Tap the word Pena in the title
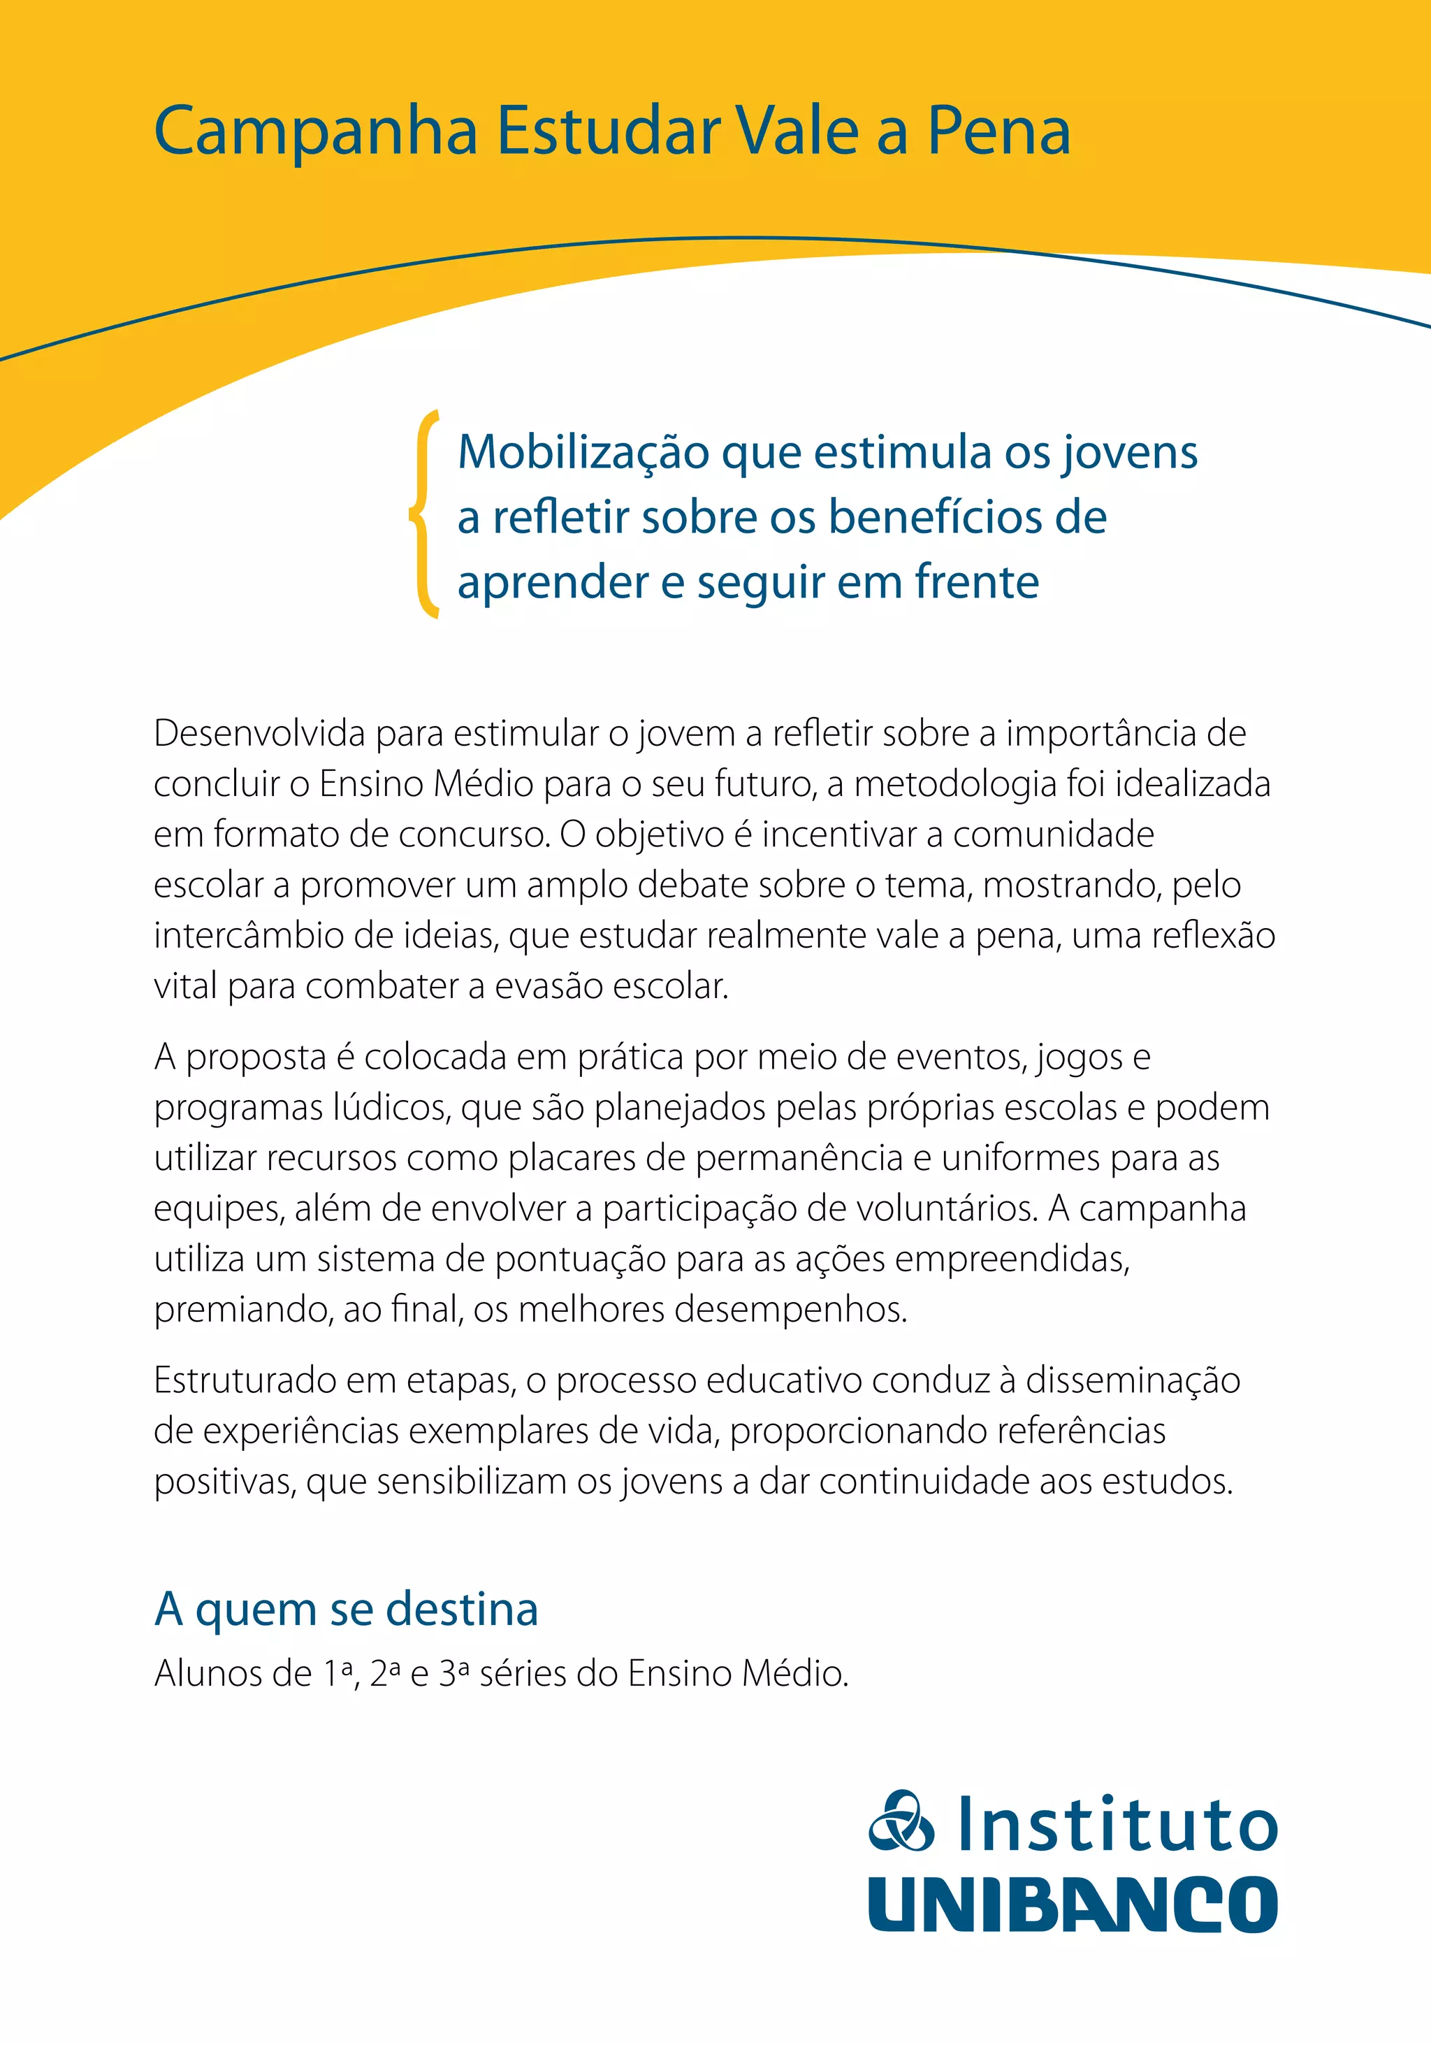click(x=998, y=131)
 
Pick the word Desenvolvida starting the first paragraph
click(x=260, y=733)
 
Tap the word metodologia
click(x=954, y=783)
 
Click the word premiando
click(x=243, y=1309)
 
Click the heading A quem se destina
click(x=347, y=1610)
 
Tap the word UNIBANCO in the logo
click(x=1073, y=1903)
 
